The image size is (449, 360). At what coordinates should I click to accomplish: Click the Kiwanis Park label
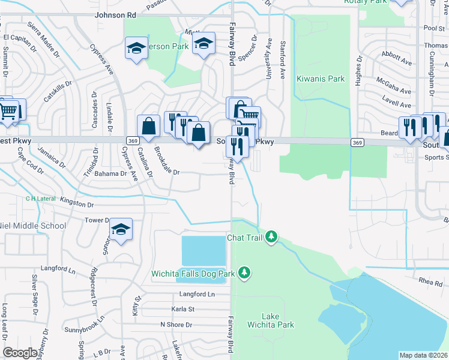click(321, 79)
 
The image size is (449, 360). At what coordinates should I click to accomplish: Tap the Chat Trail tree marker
click(272, 238)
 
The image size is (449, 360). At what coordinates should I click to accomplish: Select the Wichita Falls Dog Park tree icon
click(244, 274)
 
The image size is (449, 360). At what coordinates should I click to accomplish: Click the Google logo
click(20, 353)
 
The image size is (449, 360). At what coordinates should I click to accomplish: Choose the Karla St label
click(183, 310)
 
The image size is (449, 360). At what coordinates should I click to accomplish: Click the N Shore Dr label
click(176, 325)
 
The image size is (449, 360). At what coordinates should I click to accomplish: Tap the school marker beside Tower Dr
click(121, 229)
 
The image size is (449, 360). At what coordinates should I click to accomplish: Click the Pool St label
click(433, 28)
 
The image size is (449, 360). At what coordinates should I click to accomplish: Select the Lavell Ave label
click(396, 98)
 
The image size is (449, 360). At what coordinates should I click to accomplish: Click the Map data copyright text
click(423, 355)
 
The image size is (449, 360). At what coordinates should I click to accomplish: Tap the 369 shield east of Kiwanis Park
click(357, 142)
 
